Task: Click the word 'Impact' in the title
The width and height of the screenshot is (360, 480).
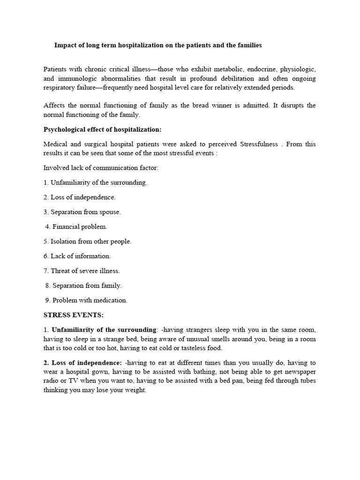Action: coord(66,45)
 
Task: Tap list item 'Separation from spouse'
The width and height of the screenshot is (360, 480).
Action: coord(82,212)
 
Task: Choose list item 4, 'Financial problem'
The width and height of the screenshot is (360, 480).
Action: coord(76,226)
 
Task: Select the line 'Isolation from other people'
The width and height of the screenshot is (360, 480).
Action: coord(88,241)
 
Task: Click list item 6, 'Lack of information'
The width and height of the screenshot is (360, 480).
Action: coord(77,256)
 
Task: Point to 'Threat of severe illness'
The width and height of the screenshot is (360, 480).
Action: coord(82,270)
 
